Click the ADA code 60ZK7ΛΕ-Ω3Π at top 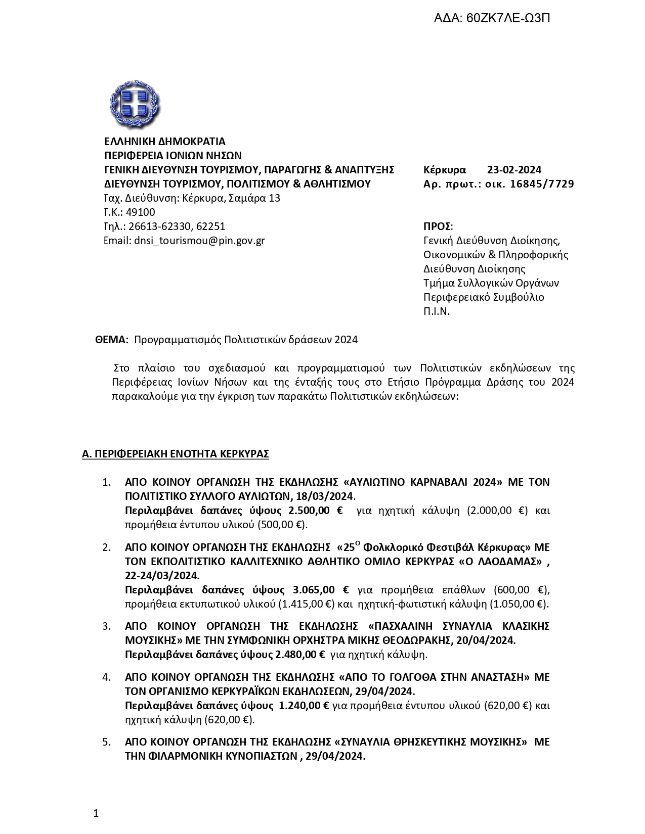pyautogui.click(x=492, y=19)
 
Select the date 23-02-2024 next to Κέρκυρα pyautogui.click(x=514, y=170)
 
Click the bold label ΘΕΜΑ pyautogui.click(x=111, y=340)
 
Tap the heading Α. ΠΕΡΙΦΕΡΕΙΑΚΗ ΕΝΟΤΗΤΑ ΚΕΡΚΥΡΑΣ pyautogui.click(x=175, y=454)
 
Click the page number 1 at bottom pyautogui.click(x=96, y=813)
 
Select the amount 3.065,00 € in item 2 pyautogui.click(x=321, y=590)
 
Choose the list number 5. pyautogui.click(x=106, y=742)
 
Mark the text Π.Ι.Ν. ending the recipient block pyautogui.click(x=437, y=311)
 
